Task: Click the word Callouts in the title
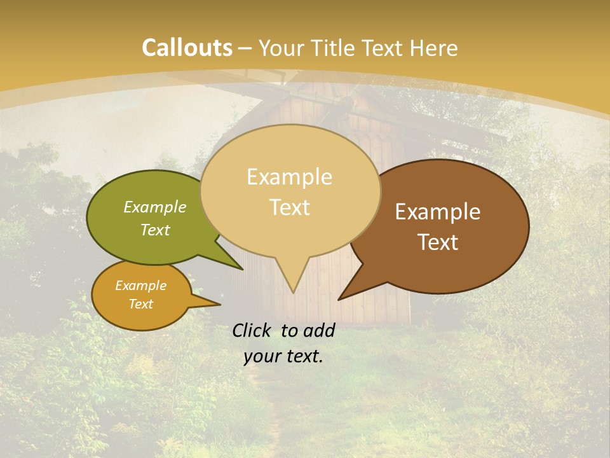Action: (x=187, y=48)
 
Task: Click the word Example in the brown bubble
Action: (x=438, y=212)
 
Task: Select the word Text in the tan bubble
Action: (x=290, y=207)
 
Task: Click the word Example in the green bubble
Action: (x=155, y=207)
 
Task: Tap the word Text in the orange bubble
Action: (x=141, y=304)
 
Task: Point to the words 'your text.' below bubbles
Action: (x=283, y=356)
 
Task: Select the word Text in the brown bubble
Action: (x=438, y=242)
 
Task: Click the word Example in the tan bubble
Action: (x=290, y=177)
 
